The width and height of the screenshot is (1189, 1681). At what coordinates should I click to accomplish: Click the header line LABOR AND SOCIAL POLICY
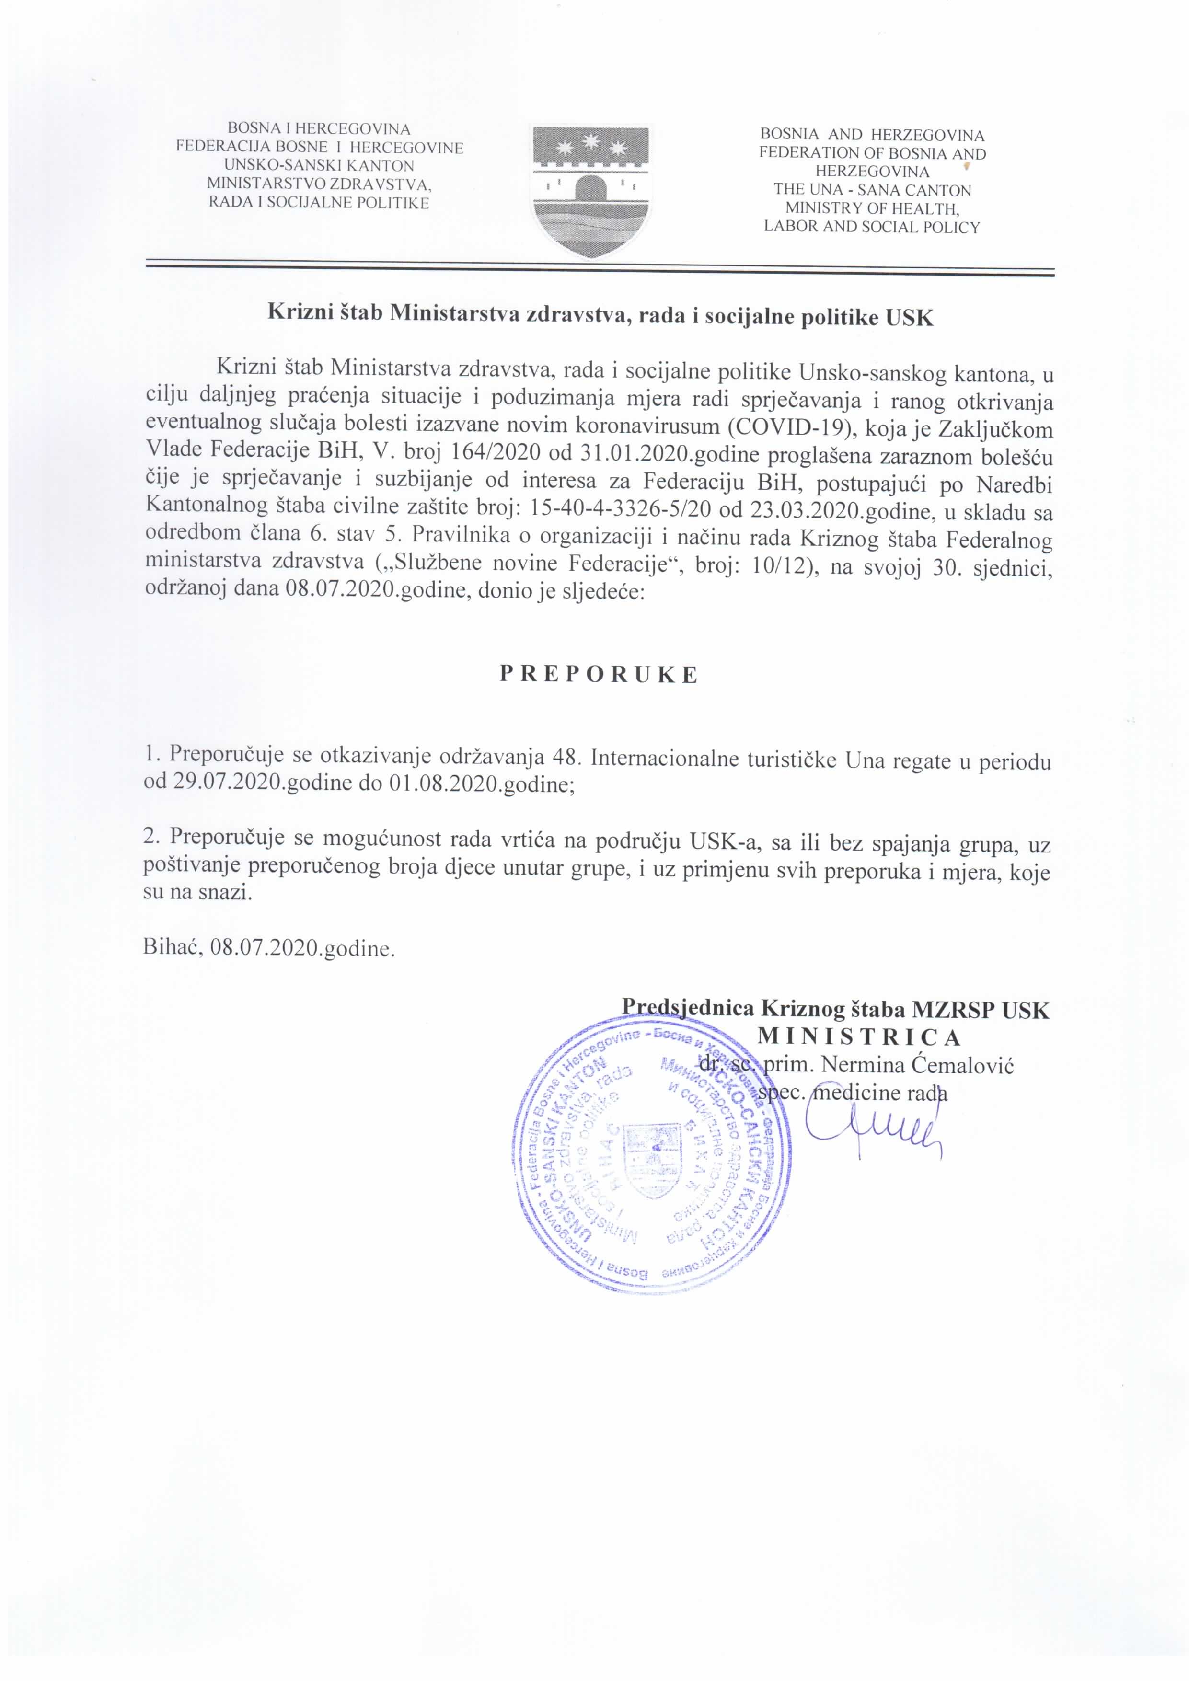[871, 227]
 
